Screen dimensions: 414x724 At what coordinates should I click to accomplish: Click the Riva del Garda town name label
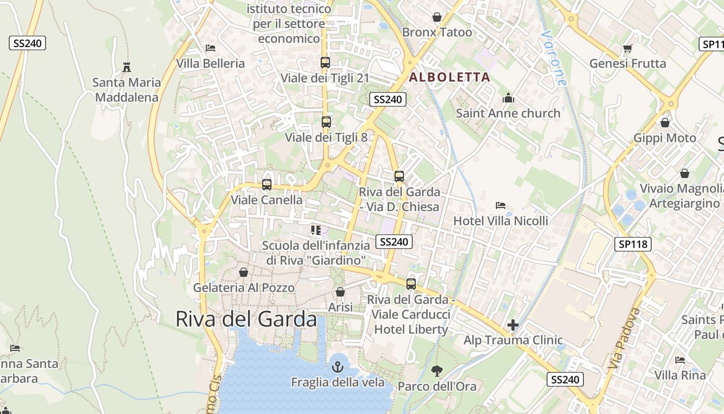coord(246,319)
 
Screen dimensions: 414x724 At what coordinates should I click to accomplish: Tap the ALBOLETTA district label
coord(449,78)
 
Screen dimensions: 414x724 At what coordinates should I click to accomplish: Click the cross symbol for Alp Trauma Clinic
coord(513,325)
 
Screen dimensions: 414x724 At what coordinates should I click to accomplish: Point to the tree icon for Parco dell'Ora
coord(437,371)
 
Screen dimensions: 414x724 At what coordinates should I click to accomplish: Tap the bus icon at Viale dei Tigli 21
coord(325,63)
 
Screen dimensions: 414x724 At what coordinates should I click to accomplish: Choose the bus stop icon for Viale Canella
coord(267,184)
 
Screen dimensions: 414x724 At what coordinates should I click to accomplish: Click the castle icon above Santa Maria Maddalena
coord(127,67)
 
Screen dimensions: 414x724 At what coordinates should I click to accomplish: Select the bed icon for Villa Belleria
coord(210,48)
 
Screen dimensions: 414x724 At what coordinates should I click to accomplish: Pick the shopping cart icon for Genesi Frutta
coord(628,49)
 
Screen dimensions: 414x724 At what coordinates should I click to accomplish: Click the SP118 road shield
coord(632,244)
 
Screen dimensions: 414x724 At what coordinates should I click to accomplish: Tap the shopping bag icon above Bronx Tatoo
coord(437,17)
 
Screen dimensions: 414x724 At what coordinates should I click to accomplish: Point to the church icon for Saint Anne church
coord(508,98)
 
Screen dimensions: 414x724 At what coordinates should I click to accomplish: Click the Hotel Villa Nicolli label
coord(501,221)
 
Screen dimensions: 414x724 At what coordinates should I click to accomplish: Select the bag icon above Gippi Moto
coord(665,123)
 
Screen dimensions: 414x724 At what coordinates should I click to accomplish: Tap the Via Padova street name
coord(625,339)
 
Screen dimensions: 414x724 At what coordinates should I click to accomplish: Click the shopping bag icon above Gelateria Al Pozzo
coord(244,272)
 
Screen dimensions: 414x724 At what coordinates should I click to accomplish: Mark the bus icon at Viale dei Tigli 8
coord(326,122)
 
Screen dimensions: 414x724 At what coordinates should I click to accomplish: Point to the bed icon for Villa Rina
coord(680,360)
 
